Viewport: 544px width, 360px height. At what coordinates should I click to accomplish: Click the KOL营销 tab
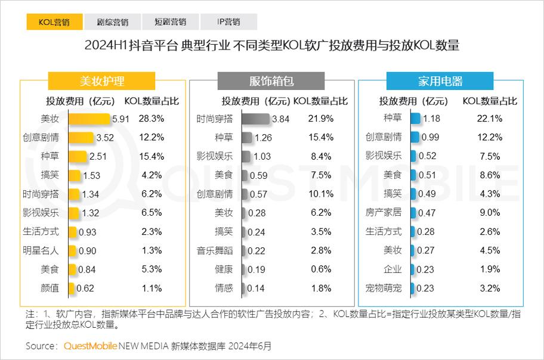point(54,22)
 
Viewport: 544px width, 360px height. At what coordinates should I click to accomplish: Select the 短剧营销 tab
point(170,22)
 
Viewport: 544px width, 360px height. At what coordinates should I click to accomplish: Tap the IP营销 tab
point(228,22)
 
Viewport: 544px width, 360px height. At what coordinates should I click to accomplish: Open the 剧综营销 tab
point(112,22)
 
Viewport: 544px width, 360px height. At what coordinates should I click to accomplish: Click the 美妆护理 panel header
point(101,81)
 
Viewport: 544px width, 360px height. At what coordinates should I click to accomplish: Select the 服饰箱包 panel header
point(271,81)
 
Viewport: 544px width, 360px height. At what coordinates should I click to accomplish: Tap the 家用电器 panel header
point(440,81)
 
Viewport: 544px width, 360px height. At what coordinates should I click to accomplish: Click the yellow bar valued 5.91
point(89,119)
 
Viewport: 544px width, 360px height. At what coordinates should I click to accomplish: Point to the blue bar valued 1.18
point(416,119)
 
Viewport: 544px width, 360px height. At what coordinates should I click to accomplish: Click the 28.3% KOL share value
point(152,119)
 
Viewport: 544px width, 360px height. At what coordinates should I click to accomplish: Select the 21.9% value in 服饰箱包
point(320,119)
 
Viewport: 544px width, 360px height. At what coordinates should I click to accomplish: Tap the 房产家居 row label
point(384,212)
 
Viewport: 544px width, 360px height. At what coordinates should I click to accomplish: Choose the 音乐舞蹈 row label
point(215,250)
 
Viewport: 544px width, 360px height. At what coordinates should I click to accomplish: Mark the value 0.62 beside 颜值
point(86,288)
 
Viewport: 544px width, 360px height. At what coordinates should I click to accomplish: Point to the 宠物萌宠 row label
point(384,288)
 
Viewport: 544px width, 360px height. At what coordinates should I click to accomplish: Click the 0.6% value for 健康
point(320,269)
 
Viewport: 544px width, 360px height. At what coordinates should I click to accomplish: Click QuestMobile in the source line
point(89,346)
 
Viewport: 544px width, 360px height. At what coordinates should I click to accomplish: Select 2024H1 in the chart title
point(106,46)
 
